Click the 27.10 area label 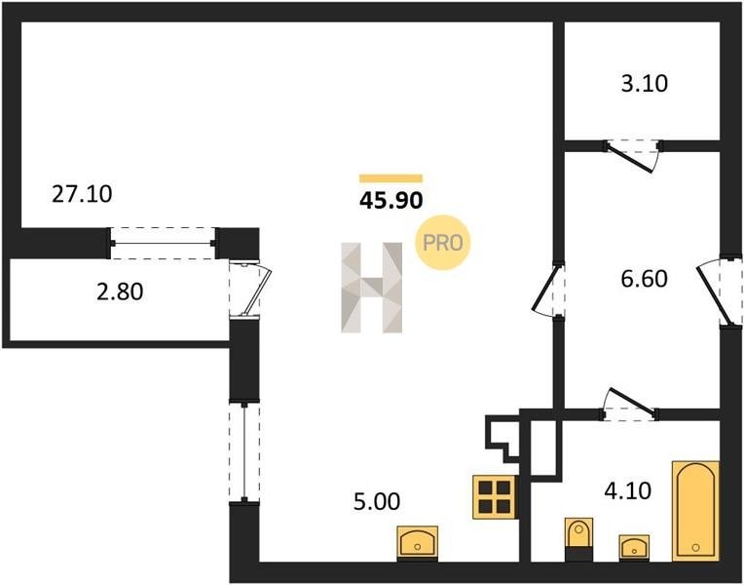click(x=82, y=194)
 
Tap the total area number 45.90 click(x=391, y=203)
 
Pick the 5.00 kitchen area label click(x=376, y=502)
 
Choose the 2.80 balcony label click(x=119, y=291)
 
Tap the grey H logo click(x=371, y=288)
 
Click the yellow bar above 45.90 click(x=391, y=178)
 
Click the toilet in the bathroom click(x=577, y=539)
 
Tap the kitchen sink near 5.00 click(x=418, y=541)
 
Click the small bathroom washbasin click(x=635, y=547)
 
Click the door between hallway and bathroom click(x=631, y=404)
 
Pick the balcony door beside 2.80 click(x=249, y=290)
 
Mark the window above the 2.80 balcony click(x=163, y=242)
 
